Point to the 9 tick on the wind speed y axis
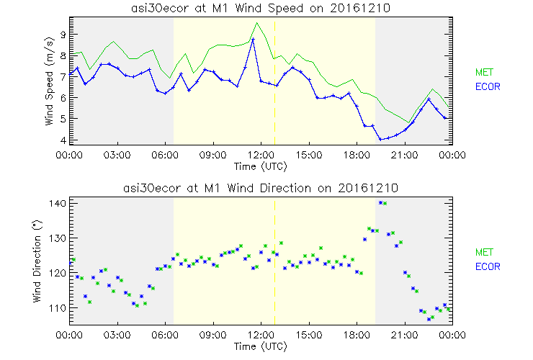[x=63, y=34]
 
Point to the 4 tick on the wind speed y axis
[x=63, y=140]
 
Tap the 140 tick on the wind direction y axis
[x=58, y=204]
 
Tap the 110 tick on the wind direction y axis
[x=58, y=307]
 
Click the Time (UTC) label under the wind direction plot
[x=260, y=346]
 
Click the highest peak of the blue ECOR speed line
[x=253, y=39]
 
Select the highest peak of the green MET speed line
[x=256, y=23]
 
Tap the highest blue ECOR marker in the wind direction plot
[x=380, y=203]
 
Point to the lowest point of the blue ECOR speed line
[x=380, y=139]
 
